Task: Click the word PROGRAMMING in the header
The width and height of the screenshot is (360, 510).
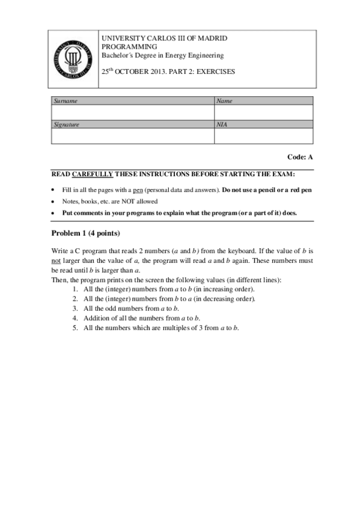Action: (x=129, y=46)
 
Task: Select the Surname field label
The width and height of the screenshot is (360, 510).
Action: (x=66, y=101)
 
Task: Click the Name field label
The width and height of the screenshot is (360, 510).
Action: (x=224, y=101)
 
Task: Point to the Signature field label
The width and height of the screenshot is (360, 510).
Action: (x=67, y=124)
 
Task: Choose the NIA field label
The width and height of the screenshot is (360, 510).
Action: (x=222, y=124)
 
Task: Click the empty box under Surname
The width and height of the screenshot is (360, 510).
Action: (x=132, y=112)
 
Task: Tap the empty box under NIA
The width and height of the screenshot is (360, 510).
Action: (x=264, y=137)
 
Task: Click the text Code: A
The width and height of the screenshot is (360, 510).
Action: (x=301, y=157)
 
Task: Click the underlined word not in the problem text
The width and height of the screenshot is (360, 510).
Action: (x=56, y=263)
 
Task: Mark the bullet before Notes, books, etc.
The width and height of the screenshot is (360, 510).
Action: (x=54, y=201)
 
